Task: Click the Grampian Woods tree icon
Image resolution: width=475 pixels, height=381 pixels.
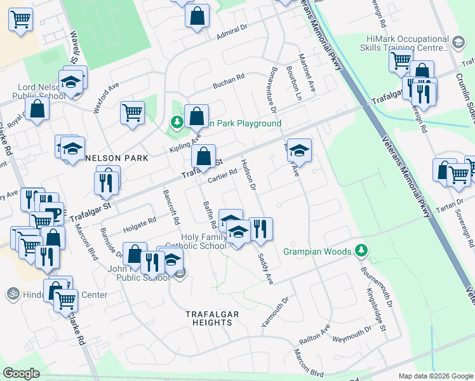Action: [x=361, y=251]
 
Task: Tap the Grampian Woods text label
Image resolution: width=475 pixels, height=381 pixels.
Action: [x=318, y=252]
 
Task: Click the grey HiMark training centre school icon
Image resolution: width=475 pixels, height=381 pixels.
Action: [x=457, y=42]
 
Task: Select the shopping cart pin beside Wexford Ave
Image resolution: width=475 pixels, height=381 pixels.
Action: [x=132, y=112]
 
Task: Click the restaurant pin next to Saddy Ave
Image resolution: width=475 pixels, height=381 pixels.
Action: [x=260, y=229]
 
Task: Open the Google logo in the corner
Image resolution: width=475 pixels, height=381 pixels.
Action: [x=21, y=373]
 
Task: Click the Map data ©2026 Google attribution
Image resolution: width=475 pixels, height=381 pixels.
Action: [x=435, y=376]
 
